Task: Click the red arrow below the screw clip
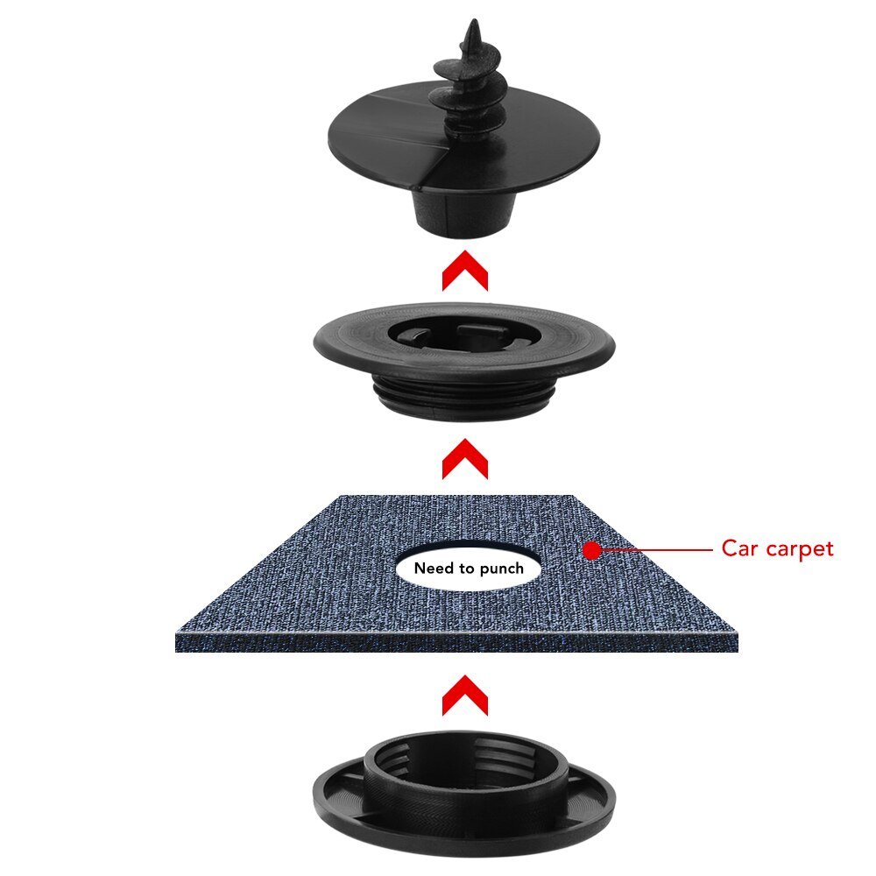[x=464, y=272]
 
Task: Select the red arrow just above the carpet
[x=464, y=458]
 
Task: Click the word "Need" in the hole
[x=434, y=569]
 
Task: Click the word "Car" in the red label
[x=738, y=549]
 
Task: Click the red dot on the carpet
[x=592, y=550]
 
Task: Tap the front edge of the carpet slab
[x=456, y=642]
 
